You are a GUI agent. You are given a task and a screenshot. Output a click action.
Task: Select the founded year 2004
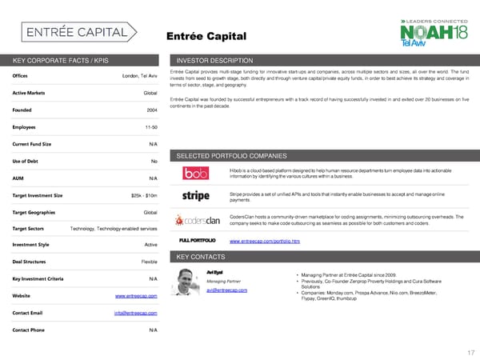point(152,110)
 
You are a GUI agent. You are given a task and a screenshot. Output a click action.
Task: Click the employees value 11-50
point(148,127)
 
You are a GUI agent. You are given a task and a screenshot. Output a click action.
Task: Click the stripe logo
point(196,196)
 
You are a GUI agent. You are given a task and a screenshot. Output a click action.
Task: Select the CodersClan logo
point(196,220)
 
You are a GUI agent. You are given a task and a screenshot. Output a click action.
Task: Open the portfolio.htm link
point(264,241)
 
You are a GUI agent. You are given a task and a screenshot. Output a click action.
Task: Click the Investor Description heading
point(214,61)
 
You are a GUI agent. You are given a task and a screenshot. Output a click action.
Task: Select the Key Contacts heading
point(203,256)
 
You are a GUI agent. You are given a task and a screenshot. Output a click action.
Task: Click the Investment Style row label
point(31,245)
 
